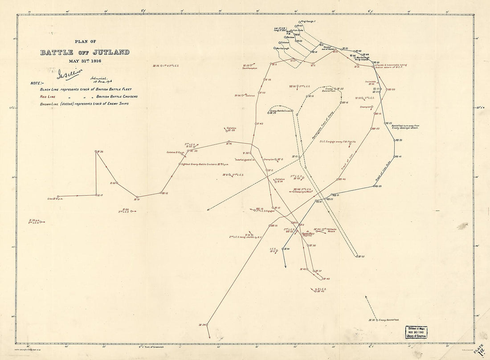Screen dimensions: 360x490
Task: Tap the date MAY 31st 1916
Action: click(x=85, y=61)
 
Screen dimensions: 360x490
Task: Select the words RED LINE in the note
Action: click(x=49, y=96)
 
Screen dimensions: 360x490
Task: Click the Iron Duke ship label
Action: click(x=298, y=30)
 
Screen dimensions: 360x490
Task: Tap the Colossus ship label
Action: click(x=285, y=42)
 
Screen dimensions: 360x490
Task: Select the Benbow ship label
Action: click(x=290, y=37)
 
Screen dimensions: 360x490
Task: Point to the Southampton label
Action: click(x=250, y=68)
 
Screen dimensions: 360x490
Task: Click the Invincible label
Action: click(x=371, y=82)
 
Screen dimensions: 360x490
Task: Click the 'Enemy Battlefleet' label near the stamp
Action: click(x=389, y=319)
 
